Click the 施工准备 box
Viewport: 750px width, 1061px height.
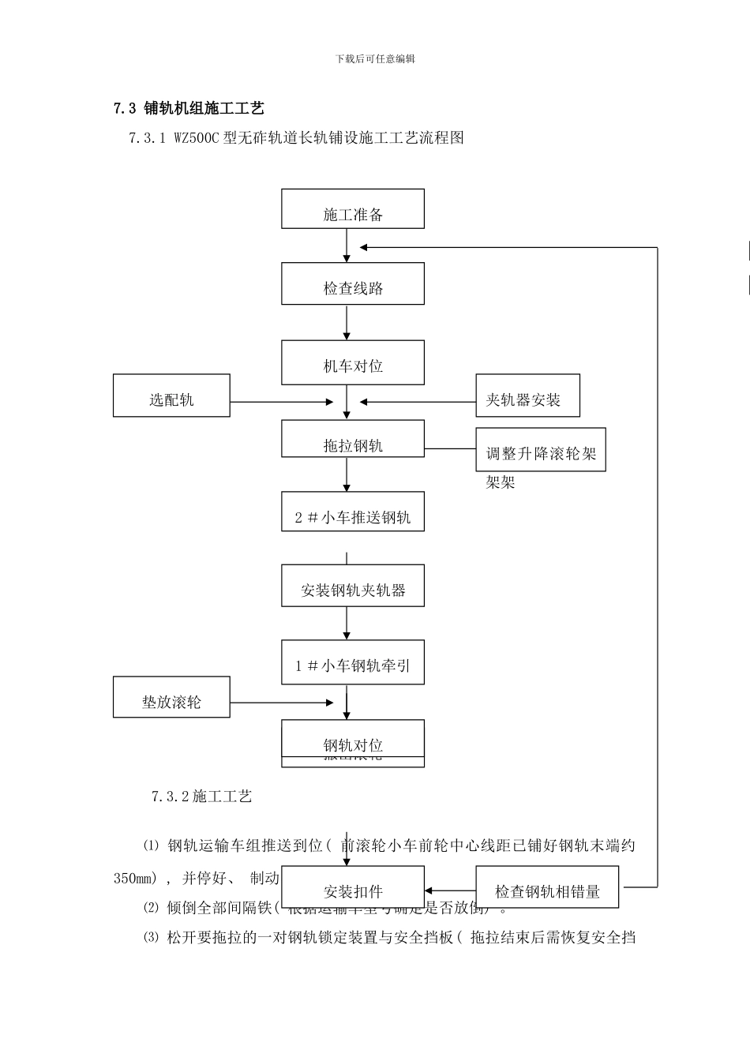pos(353,209)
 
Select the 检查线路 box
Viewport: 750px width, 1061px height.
pos(353,283)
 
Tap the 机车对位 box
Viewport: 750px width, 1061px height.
pos(353,362)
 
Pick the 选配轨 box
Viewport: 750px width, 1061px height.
pos(171,396)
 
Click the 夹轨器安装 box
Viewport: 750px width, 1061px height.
pos(527,396)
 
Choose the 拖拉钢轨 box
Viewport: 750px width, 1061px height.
pos(353,438)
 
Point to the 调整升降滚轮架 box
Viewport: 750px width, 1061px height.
pos(541,450)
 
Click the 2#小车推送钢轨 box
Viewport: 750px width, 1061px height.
pos(353,512)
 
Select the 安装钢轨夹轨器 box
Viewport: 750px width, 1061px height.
pos(353,586)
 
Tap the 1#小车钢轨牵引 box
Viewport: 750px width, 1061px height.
pos(353,662)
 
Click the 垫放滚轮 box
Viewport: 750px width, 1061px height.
pos(171,697)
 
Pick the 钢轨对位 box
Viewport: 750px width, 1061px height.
pos(353,743)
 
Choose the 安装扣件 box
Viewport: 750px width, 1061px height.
pos(353,887)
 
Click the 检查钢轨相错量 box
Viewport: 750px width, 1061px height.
pos(547,887)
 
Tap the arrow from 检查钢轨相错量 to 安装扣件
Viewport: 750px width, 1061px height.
pos(450,890)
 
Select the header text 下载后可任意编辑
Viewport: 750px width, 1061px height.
pos(375,58)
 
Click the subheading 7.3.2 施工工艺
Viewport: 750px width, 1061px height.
pos(202,797)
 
